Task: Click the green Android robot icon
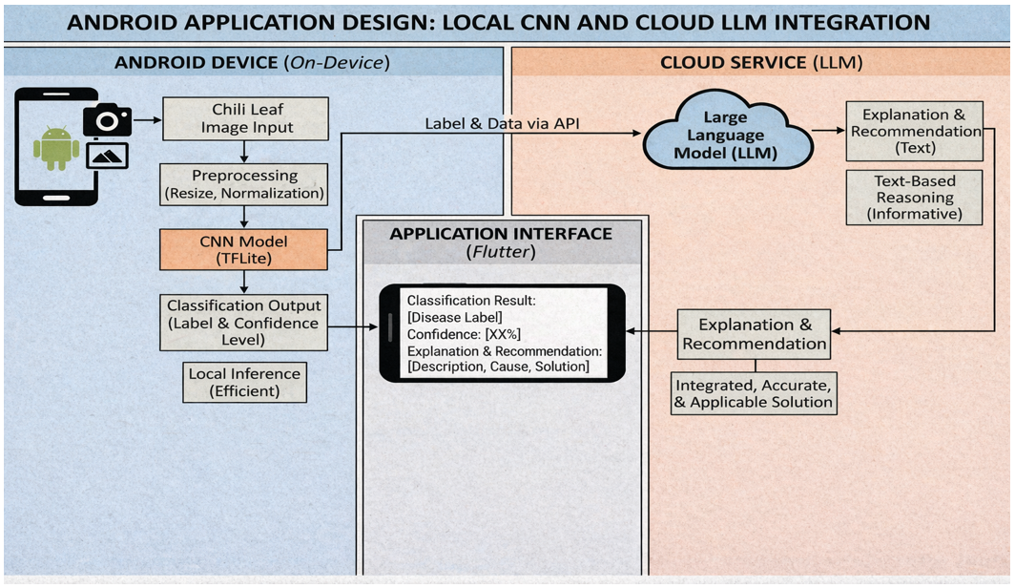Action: (x=56, y=148)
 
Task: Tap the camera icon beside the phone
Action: (x=108, y=119)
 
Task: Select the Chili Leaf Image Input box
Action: (x=245, y=118)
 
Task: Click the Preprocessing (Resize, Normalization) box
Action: (x=244, y=184)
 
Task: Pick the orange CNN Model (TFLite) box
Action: (x=243, y=249)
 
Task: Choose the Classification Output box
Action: (x=243, y=323)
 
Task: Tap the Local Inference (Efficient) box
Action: (x=244, y=382)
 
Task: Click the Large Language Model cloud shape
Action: (x=726, y=133)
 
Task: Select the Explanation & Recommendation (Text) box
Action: (x=914, y=131)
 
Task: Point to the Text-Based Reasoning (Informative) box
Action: (x=914, y=198)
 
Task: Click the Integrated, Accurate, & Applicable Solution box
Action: (x=754, y=393)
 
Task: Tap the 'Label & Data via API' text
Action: (x=502, y=123)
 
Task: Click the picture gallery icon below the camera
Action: (x=107, y=156)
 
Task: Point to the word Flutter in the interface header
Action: (x=501, y=251)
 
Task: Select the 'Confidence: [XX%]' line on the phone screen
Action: (x=464, y=334)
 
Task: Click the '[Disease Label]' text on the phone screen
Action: (x=454, y=317)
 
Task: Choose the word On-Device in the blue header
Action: (x=337, y=62)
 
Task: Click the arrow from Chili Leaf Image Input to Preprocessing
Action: (x=244, y=152)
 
